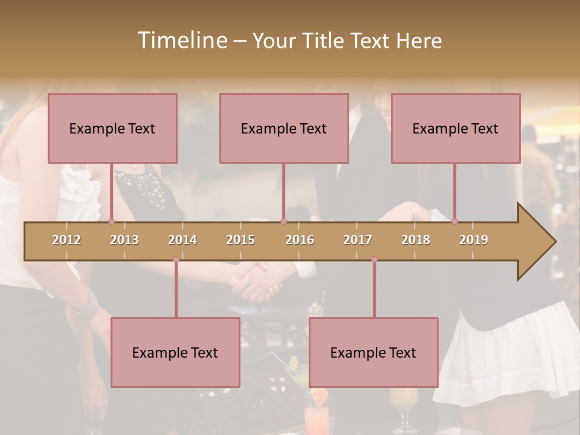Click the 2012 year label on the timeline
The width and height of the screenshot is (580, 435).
pos(66,240)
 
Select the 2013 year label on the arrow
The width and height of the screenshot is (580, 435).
pos(124,240)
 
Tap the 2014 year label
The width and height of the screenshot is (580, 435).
pos(182,240)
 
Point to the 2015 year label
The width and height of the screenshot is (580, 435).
pos(240,240)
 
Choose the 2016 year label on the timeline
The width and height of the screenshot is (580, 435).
pos(300,240)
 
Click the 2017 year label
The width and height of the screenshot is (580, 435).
pos(358,240)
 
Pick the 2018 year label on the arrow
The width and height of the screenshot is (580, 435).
pos(416,240)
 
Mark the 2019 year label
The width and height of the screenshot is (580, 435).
pos(474,240)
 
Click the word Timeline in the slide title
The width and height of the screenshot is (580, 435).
pos(181,40)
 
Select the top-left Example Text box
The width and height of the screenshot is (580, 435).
pos(112,128)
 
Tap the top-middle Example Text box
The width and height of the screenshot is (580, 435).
pos(284,128)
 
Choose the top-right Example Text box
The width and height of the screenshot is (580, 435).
pos(456,128)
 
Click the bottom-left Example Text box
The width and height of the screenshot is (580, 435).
pos(175,352)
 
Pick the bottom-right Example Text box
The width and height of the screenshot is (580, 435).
pos(373,352)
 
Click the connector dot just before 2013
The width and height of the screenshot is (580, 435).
pos(111,222)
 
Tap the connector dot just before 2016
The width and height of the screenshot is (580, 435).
pos(283,222)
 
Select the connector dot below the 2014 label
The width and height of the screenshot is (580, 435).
pos(176,260)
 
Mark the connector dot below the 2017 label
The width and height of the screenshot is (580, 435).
pos(374,260)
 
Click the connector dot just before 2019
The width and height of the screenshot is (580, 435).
pos(454,222)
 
